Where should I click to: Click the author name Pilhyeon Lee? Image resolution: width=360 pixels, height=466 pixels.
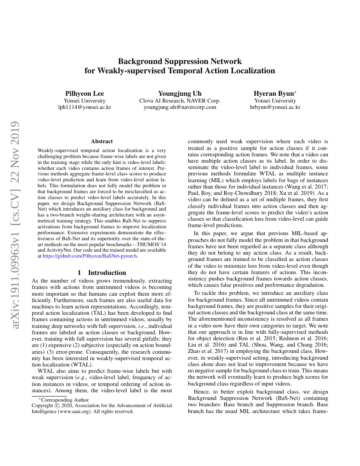click(84, 93)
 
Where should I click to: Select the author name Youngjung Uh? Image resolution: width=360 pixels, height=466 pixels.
click(180, 93)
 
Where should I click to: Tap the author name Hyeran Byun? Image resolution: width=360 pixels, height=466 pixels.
click(274, 93)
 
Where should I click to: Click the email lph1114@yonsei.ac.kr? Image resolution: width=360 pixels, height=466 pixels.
click(84, 107)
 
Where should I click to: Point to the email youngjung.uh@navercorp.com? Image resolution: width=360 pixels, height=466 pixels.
click(180, 107)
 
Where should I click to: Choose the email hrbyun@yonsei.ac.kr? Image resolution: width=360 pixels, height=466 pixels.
click(275, 107)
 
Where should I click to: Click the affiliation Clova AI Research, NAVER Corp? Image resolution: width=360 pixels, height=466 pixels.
click(180, 100)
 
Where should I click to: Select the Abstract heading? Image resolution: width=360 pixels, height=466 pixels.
click(102, 141)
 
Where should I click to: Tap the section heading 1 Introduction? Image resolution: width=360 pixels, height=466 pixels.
click(102, 273)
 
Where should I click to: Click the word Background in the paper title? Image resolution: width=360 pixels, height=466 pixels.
click(139, 61)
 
